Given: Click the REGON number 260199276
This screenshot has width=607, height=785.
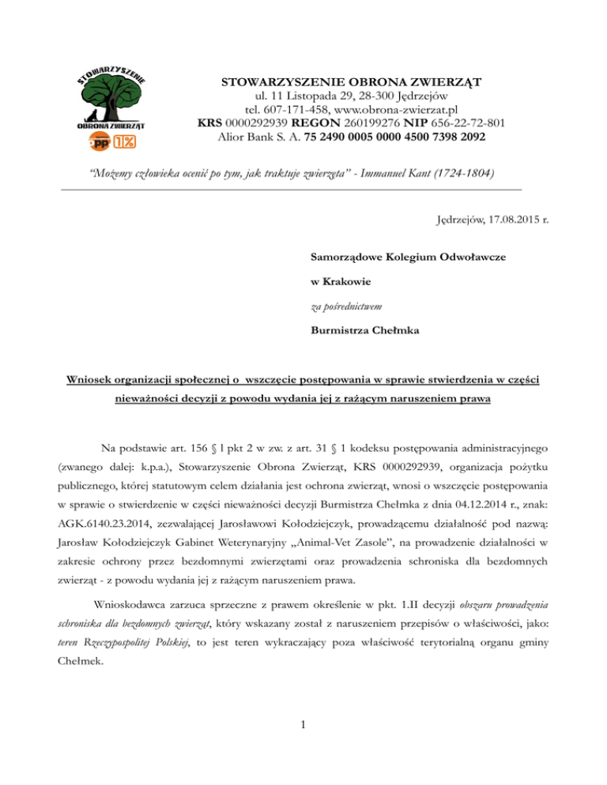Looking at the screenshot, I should click(x=373, y=123).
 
